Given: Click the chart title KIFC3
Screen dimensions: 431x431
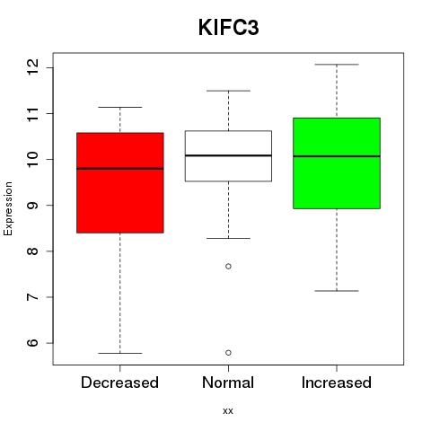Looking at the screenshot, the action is tap(228, 28).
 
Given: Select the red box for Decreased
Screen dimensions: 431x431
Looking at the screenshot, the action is tap(120, 182).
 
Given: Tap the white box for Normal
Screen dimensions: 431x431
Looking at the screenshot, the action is tap(228, 156).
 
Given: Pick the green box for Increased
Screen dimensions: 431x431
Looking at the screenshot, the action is tap(337, 163).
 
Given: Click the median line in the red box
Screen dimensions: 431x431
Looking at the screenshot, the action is tap(120, 169).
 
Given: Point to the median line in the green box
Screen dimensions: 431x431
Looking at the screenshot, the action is tap(337, 156).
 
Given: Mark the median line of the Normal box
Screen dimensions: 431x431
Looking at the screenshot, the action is tap(228, 155).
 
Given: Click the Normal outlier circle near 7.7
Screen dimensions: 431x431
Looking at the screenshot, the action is tap(228, 266).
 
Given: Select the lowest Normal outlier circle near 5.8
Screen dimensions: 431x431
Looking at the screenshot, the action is tap(228, 353).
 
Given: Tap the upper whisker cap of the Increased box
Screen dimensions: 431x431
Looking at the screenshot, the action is tap(337, 65).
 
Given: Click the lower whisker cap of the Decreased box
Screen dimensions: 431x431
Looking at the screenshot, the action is tap(120, 353).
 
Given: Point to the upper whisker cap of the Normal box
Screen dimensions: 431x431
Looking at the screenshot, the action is tap(228, 91).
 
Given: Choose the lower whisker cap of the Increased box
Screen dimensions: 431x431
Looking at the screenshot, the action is tap(337, 291).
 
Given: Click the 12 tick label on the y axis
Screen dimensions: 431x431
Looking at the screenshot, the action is tap(32, 67).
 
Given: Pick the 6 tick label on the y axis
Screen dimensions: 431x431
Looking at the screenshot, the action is tap(32, 343).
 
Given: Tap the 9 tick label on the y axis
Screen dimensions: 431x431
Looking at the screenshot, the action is tap(32, 205).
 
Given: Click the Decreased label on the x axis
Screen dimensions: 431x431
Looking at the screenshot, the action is tap(119, 383).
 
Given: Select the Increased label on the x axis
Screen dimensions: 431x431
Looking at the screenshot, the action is tap(337, 383).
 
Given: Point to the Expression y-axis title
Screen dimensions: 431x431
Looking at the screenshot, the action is tap(8, 208).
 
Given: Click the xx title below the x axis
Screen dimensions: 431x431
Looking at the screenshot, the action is tap(228, 411).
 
